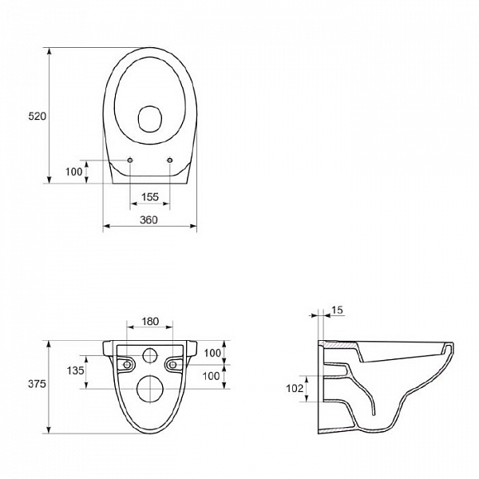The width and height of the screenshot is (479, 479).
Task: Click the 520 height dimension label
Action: [x=37, y=116]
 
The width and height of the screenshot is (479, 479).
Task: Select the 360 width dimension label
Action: [x=148, y=220]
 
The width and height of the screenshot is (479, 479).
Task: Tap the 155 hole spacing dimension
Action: [x=150, y=197]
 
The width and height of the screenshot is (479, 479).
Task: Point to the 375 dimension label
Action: [x=37, y=384]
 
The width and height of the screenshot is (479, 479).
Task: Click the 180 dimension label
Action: [x=150, y=321]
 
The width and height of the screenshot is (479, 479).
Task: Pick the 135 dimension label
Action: [x=75, y=370]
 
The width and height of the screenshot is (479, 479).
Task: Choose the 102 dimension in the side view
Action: [x=295, y=388]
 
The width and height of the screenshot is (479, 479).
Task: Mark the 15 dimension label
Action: [x=337, y=310]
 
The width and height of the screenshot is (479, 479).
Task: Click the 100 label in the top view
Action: [x=74, y=172]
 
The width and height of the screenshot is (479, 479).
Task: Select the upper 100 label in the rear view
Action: [x=212, y=353]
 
